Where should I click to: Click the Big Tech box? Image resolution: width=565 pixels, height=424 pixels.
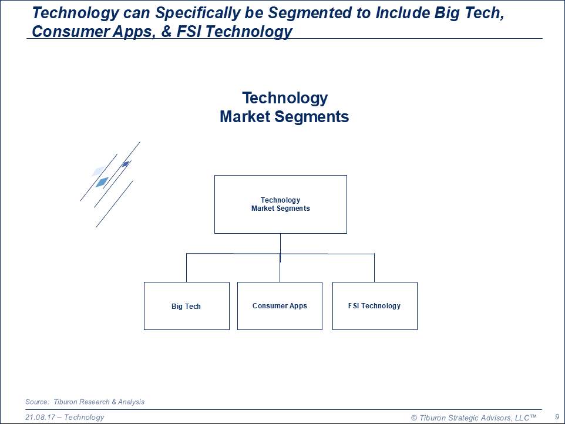[187, 306]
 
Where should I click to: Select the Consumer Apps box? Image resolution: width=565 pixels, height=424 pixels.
[280, 306]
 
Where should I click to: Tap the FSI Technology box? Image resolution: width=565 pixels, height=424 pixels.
[375, 306]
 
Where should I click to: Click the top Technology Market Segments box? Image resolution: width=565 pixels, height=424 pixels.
[281, 204]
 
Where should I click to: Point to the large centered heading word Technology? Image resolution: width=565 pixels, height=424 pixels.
[285, 97]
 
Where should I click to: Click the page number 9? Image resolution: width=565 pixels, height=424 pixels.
[557, 417]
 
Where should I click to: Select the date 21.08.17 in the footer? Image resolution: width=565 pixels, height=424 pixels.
[40, 417]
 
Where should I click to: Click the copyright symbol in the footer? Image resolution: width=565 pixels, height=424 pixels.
[414, 418]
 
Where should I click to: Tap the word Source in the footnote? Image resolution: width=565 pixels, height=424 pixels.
[37, 402]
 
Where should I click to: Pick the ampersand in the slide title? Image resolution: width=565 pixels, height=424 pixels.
[166, 31]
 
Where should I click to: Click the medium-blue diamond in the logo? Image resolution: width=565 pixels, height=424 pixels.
[102, 182]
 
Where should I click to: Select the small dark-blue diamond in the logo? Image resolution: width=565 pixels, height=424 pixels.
[126, 164]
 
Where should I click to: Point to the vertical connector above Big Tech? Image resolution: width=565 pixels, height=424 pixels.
[186, 268]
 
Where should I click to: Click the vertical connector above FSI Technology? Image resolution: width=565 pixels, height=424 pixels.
[374, 268]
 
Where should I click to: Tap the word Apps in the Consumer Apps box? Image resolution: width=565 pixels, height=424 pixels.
[298, 306]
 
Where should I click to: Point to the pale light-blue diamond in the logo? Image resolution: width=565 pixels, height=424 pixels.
[98, 171]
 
